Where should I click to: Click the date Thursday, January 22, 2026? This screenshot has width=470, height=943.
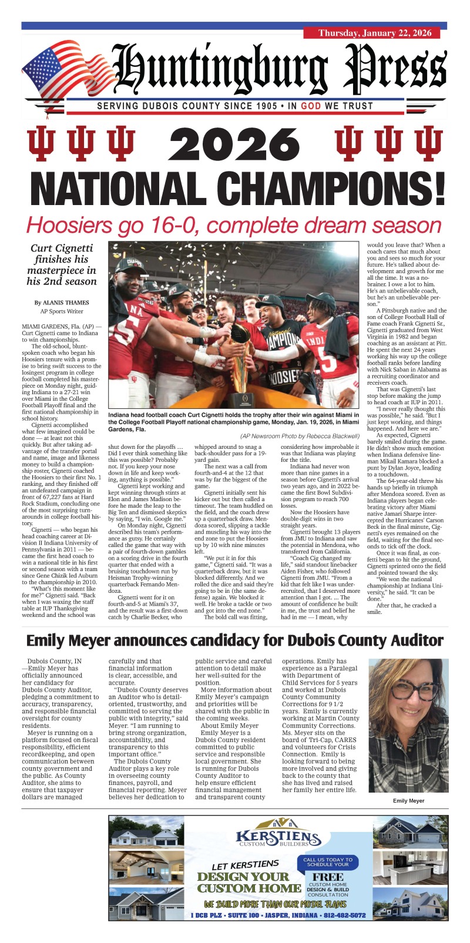[x=375, y=33]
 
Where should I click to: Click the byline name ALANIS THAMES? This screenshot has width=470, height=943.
[x=67, y=303]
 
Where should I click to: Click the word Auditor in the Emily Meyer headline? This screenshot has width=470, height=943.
[x=408, y=640]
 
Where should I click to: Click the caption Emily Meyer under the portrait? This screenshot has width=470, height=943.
[x=409, y=801]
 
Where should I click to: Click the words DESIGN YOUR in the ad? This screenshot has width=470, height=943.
[x=243, y=877]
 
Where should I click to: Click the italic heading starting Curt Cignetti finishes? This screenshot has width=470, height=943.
[x=63, y=264]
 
